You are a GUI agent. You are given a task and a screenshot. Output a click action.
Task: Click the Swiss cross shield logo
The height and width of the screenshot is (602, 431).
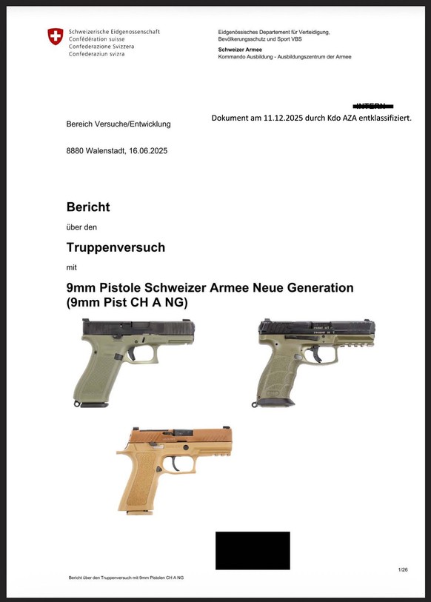click(55, 37)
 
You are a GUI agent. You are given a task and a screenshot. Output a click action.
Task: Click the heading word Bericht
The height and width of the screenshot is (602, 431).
click(88, 207)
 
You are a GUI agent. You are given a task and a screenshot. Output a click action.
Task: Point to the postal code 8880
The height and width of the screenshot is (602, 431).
click(75, 151)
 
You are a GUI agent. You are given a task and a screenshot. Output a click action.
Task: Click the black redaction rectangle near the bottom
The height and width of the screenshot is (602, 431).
click(253, 550)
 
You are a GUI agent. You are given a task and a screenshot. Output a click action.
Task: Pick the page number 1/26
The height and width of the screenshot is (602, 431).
click(403, 569)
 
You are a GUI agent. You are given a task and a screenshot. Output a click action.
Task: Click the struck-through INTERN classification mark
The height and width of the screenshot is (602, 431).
click(375, 106)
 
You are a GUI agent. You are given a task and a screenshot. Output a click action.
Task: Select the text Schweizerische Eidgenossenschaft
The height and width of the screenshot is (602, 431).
click(114, 32)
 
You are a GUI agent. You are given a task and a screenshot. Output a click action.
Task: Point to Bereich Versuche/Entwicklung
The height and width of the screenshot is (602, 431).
click(118, 124)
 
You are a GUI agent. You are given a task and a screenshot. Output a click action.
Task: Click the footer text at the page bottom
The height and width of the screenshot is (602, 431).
click(126, 577)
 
